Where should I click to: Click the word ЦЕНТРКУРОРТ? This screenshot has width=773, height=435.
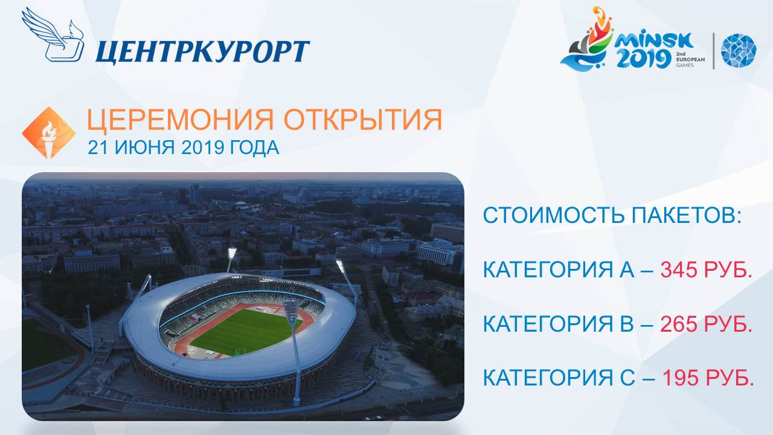[202, 52]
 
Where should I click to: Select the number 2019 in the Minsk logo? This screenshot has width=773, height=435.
[644, 59]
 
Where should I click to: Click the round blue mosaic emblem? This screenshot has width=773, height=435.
[739, 50]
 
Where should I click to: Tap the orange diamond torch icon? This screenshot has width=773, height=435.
[49, 132]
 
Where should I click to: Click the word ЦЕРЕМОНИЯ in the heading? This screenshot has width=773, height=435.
[180, 120]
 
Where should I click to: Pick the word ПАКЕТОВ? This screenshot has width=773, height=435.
[687, 216]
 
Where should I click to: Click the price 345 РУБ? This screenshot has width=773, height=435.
[706, 269]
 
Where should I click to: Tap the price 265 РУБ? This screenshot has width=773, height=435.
[706, 324]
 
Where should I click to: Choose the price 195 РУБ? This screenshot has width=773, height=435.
[707, 378]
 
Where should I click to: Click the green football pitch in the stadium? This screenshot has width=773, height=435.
[246, 332]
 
